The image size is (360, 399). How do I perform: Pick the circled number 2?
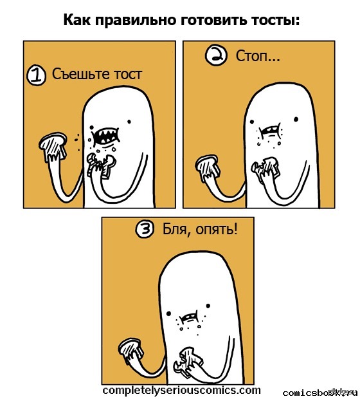(x=215, y=56)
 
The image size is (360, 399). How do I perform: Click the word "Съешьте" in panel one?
(x=81, y=74)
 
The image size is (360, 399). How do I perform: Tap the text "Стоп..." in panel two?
(x=258, y=55)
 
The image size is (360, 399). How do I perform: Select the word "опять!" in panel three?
(x=217, y=230)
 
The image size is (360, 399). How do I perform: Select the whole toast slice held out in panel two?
(x=208, y=168)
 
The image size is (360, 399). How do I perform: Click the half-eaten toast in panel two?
(x=265, y=169)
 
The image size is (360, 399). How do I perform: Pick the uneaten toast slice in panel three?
(x=131, y=348)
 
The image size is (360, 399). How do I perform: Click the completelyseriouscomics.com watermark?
(x=182, y=390)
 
